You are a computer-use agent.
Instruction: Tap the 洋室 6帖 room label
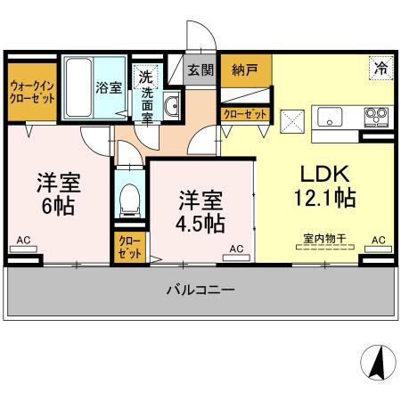(x=58, y=193)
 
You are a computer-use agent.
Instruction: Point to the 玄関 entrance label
(x=200, y=70)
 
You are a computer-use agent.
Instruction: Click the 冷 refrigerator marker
(x=381, y=68)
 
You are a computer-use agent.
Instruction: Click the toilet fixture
(x=131, y=197)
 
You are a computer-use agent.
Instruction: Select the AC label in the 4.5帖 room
(x=235, y=249)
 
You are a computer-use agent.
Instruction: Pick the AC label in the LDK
(x=379, y=240)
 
